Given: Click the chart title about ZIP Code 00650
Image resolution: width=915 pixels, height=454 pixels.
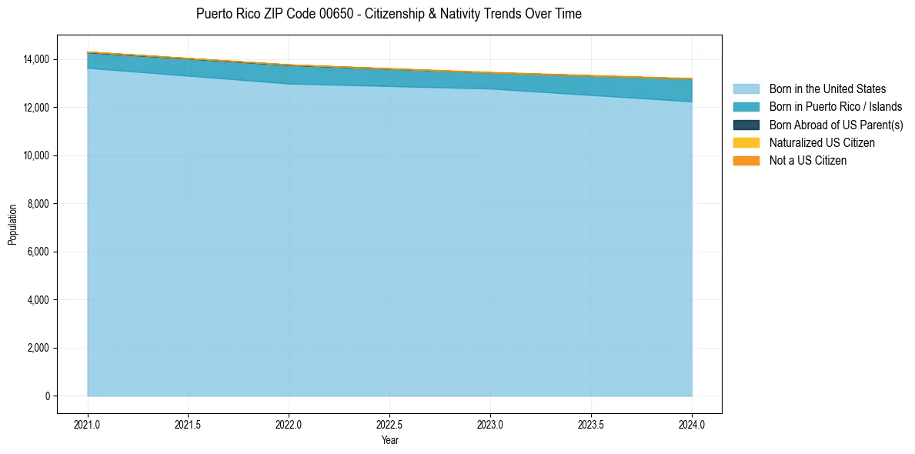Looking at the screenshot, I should (x=389, y=14).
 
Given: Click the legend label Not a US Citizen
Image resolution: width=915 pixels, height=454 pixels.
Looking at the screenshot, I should (x=808, y=161).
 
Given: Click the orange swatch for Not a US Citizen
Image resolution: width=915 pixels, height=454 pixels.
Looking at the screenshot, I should (x=746, y=161).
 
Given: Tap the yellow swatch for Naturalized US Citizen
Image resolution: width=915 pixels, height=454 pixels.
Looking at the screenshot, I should (x=746, y=143).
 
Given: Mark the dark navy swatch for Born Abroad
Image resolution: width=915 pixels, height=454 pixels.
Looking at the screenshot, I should (x=746, y=125).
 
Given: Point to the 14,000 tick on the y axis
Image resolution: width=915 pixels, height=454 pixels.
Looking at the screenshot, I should (x=36, y=59).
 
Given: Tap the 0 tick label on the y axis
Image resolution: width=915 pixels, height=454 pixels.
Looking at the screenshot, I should (x=47, y=396).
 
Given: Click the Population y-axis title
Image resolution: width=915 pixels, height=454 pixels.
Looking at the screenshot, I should (x=12, y=224).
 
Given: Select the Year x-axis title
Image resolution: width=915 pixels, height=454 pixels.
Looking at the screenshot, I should (x=389, y=440).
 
